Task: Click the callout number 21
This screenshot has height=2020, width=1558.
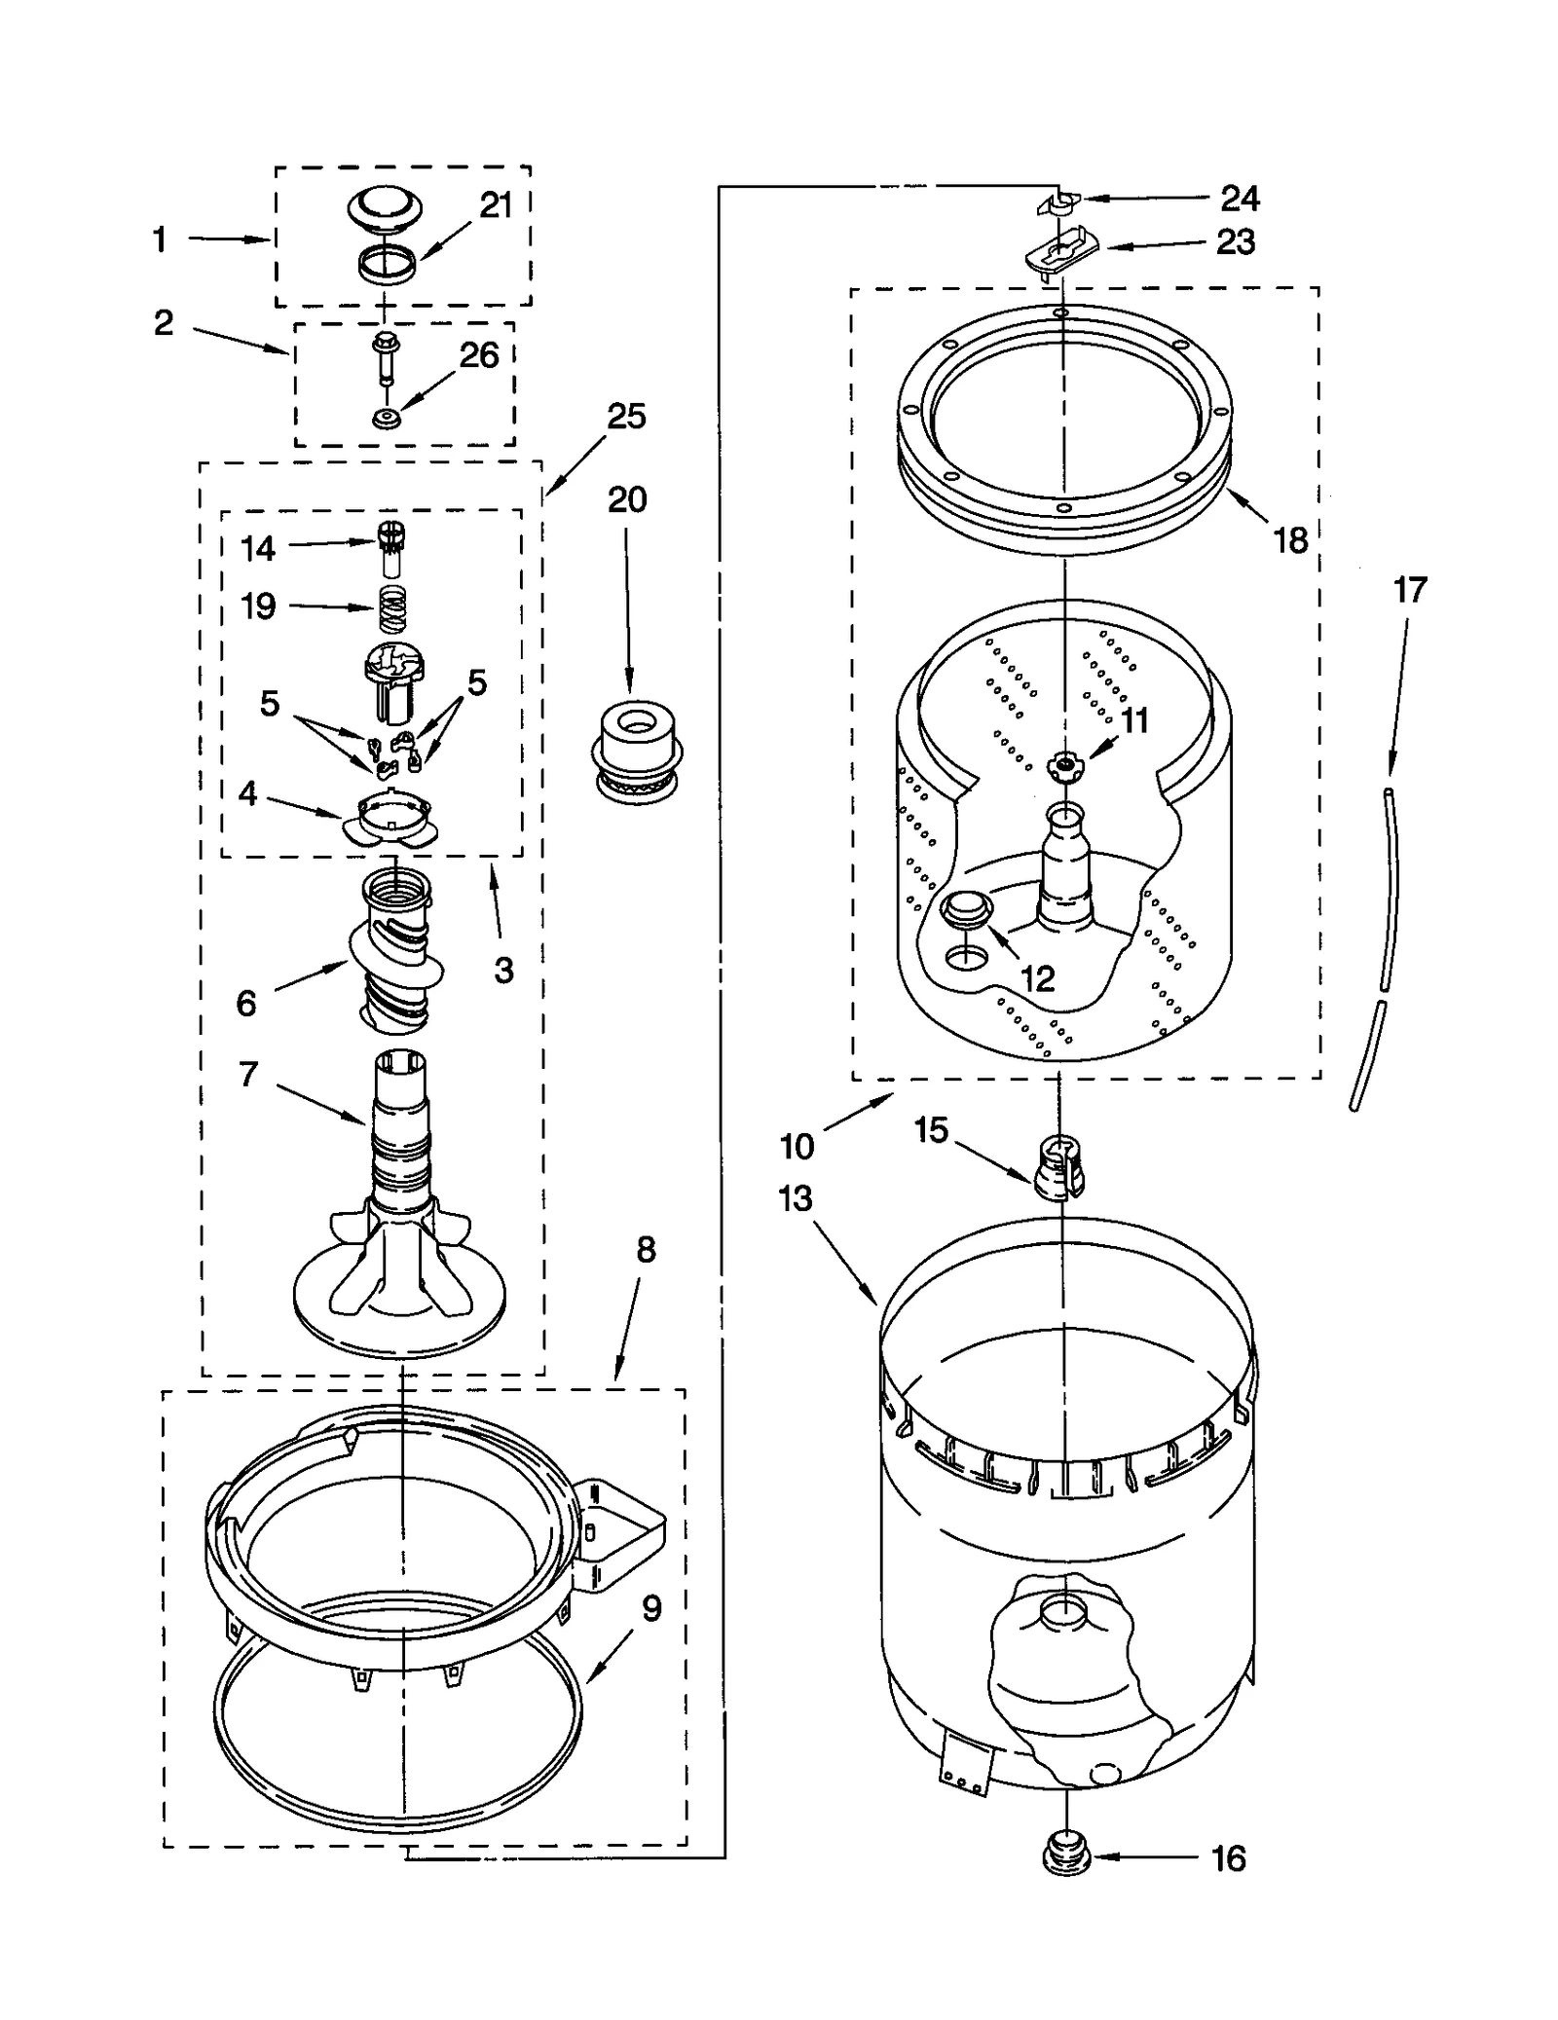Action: coord(496,205)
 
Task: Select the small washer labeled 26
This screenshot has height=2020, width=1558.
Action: coord(387,421)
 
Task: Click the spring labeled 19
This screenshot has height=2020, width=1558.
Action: coord(391,610)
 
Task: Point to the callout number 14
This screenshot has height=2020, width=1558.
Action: coord(258,549)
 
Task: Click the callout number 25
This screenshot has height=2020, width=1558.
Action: coord(626,417)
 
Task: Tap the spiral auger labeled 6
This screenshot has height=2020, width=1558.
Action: coord(395,949)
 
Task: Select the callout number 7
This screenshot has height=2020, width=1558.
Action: coord(248,1075)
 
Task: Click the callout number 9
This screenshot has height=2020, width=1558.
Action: coord(651,1608)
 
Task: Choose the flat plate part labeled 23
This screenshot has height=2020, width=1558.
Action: coord(1061,252)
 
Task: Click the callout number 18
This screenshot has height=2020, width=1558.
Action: coord(1291,540)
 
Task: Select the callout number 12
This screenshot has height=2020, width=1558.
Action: coord(1037,978)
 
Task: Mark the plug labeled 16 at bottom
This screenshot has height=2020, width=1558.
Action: coord(1067,1861)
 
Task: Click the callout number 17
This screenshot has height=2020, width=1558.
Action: coord(1409,590)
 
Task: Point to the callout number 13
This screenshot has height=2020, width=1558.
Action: coord(795,1198)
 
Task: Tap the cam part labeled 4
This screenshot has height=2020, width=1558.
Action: coord(390,819)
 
